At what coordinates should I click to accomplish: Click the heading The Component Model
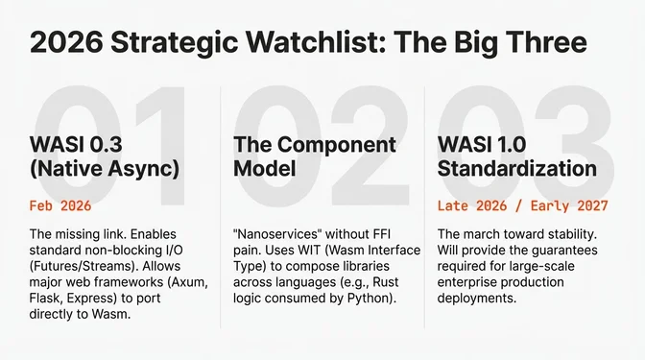pos(315,156)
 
